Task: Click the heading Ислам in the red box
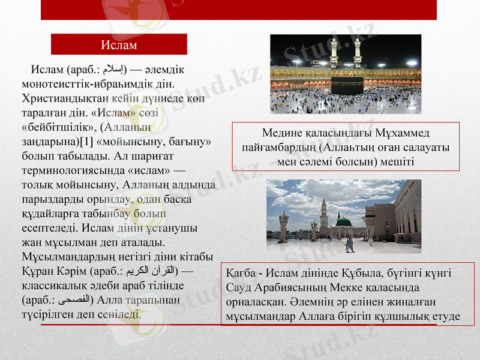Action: [118, 45]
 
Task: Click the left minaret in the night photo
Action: [334, 52]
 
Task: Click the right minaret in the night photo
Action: [358, 52]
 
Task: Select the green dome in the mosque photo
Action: [343, 223]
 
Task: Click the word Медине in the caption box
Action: [282, 133]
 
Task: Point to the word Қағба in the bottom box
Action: [240, 274]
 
